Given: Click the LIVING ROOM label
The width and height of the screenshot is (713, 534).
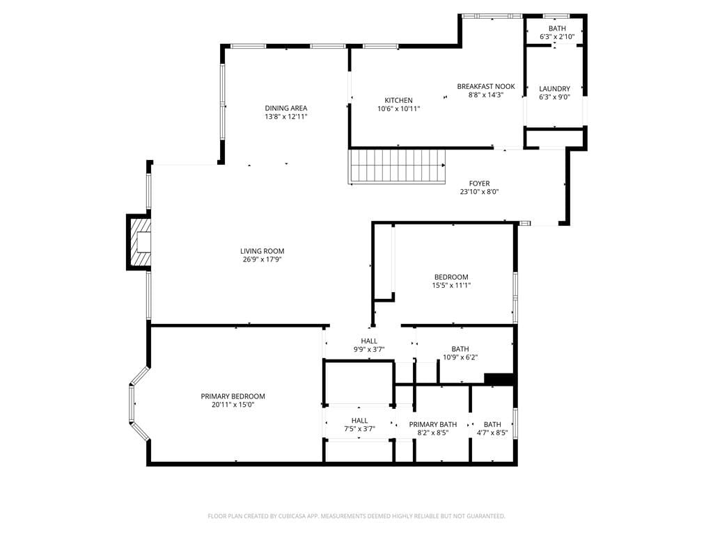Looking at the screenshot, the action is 262,251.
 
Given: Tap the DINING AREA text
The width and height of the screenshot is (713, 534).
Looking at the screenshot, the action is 286,108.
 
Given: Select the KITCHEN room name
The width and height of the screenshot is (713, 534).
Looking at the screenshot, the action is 399,100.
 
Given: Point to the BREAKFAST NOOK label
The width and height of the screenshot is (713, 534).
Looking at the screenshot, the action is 486,86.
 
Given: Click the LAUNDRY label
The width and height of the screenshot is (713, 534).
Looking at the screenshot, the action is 554,88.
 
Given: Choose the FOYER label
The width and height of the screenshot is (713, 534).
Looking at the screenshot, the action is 479,184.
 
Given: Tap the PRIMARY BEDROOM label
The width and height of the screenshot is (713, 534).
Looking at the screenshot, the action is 233,396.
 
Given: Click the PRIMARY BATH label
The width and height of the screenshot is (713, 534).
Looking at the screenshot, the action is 433,425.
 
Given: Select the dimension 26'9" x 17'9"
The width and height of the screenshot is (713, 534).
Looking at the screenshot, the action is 262,260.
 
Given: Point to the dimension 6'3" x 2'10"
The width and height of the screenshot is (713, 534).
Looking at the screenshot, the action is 557,37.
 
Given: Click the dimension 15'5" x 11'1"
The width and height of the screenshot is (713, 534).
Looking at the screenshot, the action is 451,286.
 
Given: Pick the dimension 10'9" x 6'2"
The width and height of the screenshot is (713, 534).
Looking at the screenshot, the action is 460,357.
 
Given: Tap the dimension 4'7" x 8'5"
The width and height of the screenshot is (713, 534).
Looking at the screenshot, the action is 492,432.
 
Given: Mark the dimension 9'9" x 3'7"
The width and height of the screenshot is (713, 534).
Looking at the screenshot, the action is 369,349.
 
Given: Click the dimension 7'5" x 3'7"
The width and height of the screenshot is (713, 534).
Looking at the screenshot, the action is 359,428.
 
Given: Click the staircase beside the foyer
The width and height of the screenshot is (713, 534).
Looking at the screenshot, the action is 397,167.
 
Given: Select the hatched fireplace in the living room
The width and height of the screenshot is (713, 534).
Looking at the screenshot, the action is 139,243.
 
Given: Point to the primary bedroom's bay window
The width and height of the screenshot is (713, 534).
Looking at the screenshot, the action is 139,404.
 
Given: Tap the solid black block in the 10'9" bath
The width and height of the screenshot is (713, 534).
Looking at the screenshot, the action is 499,379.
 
